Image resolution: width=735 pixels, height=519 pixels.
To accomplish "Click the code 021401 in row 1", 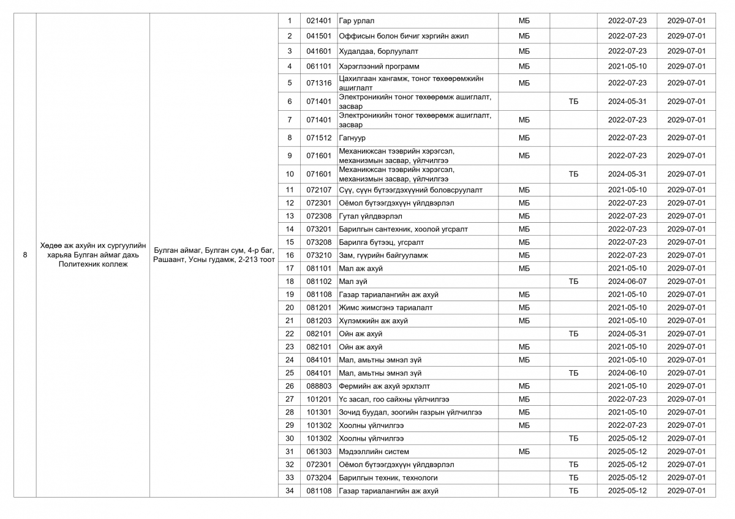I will click(x=318, y=21).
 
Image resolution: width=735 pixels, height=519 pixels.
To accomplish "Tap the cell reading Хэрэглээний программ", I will click(x=379, y=66).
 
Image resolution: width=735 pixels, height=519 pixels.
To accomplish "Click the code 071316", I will click(x=318, y=83).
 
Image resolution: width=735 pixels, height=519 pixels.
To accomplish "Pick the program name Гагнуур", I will click(x=352, y=138).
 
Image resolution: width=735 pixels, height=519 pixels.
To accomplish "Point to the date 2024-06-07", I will click(x=627, y=282).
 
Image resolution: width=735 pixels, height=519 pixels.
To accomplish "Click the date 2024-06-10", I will click(x=627, y=373).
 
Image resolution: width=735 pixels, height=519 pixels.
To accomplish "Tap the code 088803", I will click(x=318, y=386).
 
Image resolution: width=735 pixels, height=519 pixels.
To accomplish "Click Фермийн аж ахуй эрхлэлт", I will click(x=385, y=386).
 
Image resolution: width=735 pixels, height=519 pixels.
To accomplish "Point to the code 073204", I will click(x=318, y=477).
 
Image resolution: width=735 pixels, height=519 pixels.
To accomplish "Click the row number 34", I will click(x=290, y=491).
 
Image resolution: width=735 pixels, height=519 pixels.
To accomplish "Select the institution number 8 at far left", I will click(x=24, y=255).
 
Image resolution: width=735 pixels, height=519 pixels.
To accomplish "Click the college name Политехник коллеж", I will click(x=93, y=264).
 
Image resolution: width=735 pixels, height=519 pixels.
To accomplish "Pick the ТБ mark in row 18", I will click(x=573, y=282).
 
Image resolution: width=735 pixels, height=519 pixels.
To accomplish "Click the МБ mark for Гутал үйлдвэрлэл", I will click(x=524, y=216).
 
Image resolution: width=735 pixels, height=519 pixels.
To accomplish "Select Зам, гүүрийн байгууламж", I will click(x=383, y=255).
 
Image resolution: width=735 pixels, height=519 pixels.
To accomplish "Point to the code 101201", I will click(x=318, y=399).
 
